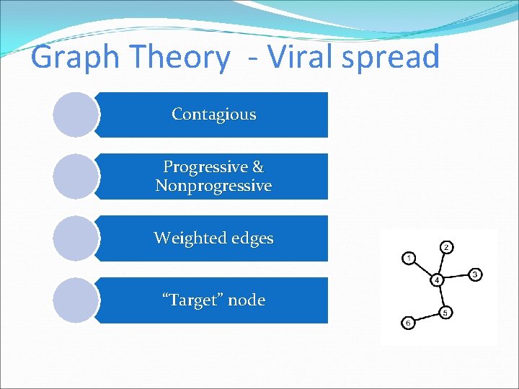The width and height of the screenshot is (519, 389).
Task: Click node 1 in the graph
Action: click(x=409, y=257)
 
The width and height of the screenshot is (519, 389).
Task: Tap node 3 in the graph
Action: click(x=475, y=274)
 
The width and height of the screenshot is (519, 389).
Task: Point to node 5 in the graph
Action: click(x=445, y=312)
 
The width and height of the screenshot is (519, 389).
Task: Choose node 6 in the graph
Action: click(x=408, y=323)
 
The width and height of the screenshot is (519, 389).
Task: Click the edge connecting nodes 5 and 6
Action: click(x=427, y=318)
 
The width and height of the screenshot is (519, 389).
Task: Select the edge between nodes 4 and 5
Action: click(x=441, y=296)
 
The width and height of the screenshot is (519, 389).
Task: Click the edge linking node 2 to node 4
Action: click(x=442, y=264)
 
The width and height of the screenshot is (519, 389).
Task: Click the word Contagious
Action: click(x=213, y=115)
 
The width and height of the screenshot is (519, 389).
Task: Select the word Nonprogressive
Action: click(x=213, y=186)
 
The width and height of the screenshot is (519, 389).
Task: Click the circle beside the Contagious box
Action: click(x=76, y=115)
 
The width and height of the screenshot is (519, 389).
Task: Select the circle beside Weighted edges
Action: click(x=76, y=238)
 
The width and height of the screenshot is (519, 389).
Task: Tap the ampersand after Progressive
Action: click(x=257, y=167)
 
